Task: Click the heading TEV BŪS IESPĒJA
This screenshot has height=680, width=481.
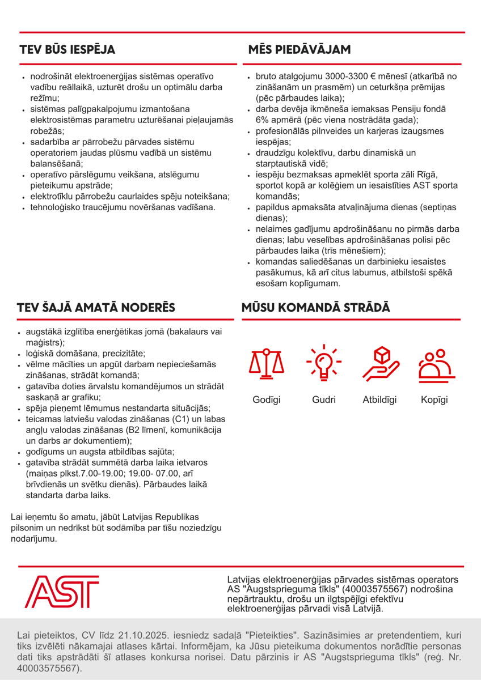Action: [67, 49]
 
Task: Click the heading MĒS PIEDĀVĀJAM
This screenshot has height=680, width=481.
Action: [299, 49]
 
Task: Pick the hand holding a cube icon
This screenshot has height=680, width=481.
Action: [380, 363]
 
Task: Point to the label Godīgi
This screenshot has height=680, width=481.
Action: [267, 400]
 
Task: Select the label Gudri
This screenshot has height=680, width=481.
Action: [324, 400]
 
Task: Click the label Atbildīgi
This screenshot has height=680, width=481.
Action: [379, 400]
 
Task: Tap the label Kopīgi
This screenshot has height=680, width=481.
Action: [434, 400]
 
